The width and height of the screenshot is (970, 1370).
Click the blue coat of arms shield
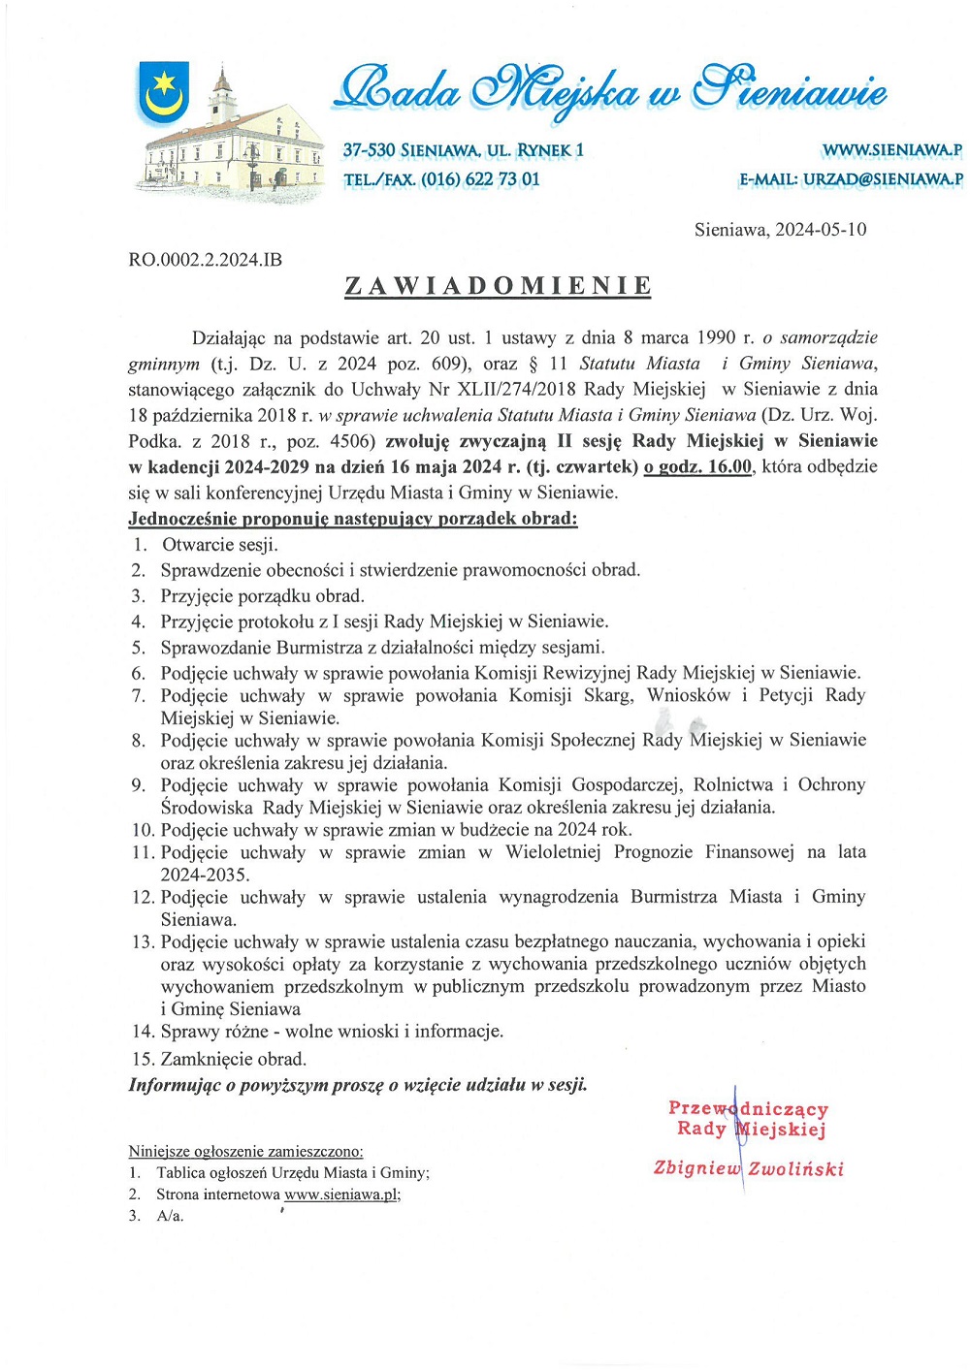[x=163, y=92]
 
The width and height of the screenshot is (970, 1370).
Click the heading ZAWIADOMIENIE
[x=498, y=286]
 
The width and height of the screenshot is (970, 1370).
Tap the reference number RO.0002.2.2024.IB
[x=205, y=260]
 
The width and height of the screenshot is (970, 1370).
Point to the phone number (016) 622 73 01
[x=480, y=179]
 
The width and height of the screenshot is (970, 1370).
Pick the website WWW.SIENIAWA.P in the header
[x=891, y=150]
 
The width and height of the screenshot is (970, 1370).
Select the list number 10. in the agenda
[x=143, y=830]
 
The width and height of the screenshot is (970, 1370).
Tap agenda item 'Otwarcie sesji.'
[x=219, y=545]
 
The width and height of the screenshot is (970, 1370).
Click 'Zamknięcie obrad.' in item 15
[x=233, y=1059]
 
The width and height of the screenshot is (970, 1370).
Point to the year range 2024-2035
[x=205, y=875]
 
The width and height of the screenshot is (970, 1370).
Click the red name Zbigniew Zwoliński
[x=748, y=1168]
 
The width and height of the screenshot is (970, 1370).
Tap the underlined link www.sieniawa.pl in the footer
[x=341, y=1195]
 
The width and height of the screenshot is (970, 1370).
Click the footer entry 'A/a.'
[x=170, y=1216]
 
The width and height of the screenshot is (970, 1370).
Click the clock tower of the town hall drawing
[x=222, y=92]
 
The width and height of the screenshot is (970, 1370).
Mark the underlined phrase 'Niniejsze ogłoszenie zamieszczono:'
[x=245, y=1151]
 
